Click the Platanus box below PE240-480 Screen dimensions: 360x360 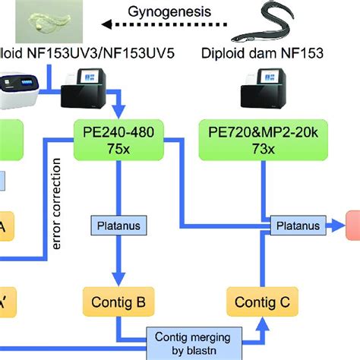(x=118, y=225)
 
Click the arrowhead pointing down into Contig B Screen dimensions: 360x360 (x=118, y=279)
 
